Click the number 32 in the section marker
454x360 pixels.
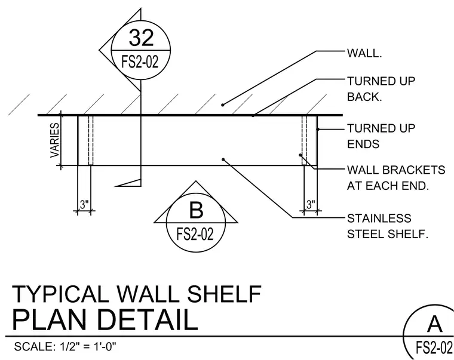point(141,38)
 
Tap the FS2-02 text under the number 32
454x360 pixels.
point(140,61)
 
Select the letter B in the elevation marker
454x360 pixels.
point(196,210)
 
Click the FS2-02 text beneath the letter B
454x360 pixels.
point(195,234)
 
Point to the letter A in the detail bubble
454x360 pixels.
point(434,324)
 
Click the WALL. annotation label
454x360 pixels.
point(364,53)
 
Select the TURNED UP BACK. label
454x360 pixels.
point(381,89)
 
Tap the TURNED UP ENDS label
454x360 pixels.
point(381,136)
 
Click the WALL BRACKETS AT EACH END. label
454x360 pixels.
point(396,178)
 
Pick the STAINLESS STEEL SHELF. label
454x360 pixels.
point(388,226)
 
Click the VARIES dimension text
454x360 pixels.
point(55,140)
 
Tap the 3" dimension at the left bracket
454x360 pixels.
point(84,204)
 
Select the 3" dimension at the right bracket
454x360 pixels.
point(311,204)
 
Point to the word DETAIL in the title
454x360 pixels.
point(150,320)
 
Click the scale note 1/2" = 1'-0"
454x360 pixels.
point(87,346)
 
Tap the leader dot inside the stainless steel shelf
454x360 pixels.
point(223,159)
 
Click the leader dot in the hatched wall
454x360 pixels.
point(223,104)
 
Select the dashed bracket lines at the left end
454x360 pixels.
point(91,140)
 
